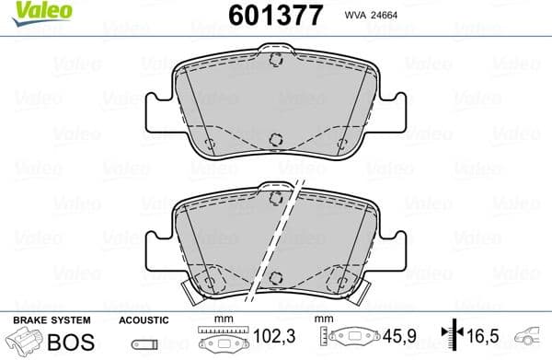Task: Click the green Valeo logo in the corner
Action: click(34, 12)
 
